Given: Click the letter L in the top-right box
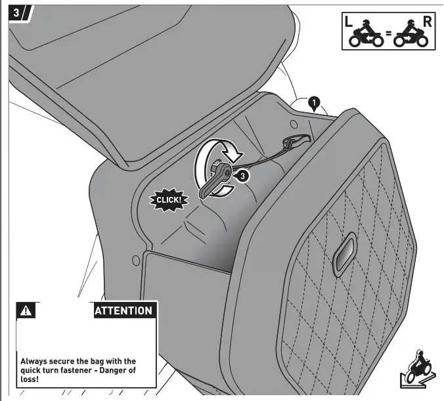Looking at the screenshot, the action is click(x=349, y=21).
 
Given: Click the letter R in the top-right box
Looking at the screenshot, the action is click(x=427, y=20).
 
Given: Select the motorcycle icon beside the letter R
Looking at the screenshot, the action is click(x=411, y=35).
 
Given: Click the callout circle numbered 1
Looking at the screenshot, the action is click(x=314, y=102).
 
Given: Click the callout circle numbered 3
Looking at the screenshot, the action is click(x=242, y=175).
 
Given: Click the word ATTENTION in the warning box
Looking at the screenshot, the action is click(x=123, y=310).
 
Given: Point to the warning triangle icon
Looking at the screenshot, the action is click(x=26, y=310).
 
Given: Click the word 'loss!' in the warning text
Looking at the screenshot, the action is click(x=30, y=379).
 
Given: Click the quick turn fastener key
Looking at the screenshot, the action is click(x=215, y=180).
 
